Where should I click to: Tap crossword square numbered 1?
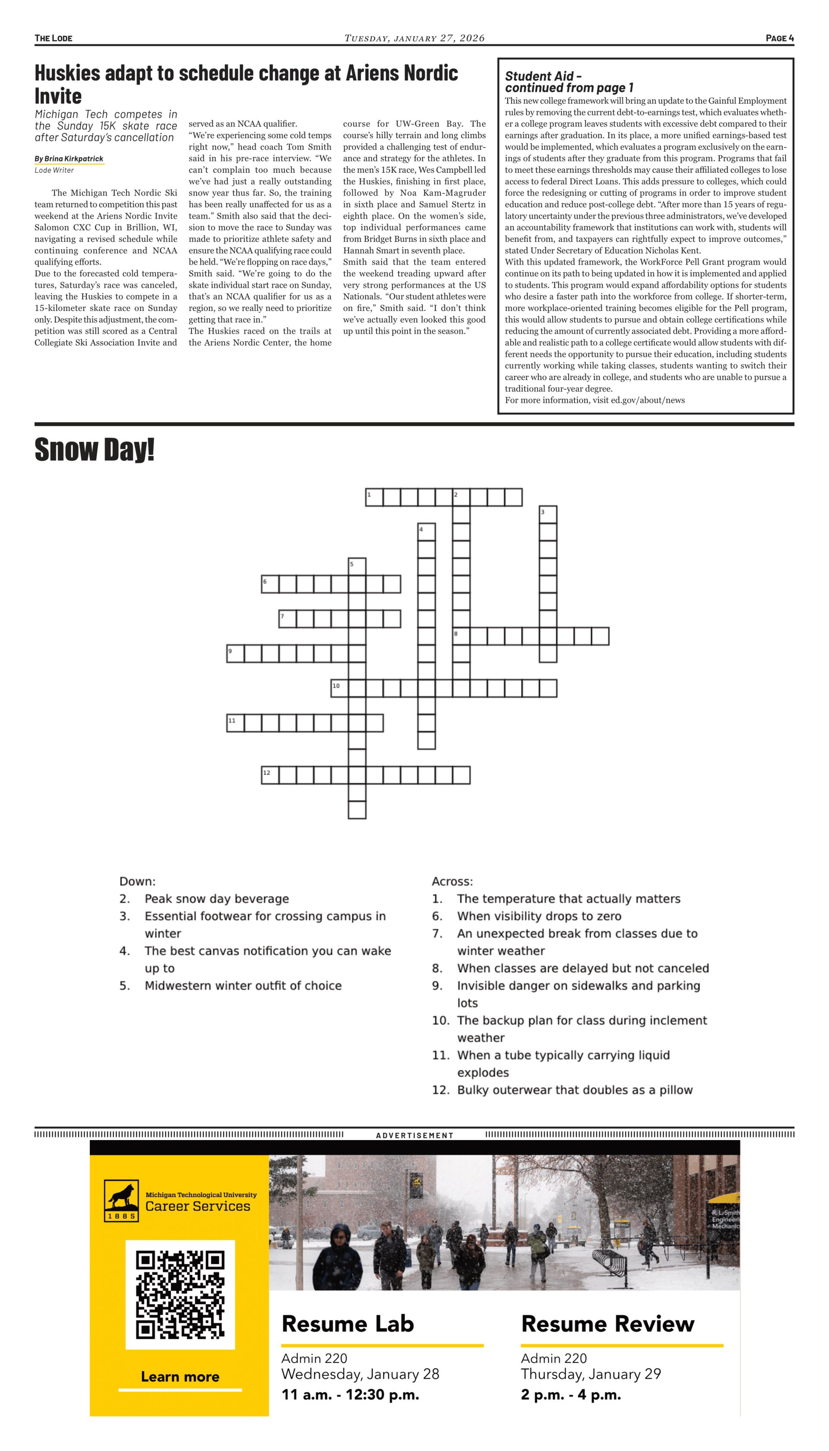click(x=374, y=497)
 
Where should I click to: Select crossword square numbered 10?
click(x=339, y=688)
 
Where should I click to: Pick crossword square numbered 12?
click(x=270, y=775)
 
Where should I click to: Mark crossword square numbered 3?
click(x=548, y=514)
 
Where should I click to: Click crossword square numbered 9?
click(x=235, y=654)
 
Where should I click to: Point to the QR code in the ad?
click(x=180, y=1294)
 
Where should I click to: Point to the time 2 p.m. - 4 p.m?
click(x=570, y=1394)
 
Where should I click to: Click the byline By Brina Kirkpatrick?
click(x=69, y=159)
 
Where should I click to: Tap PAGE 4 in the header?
click(x=779, y=38)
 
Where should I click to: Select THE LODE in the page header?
click(x=54, y=38)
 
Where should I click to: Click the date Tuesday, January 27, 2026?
click(x=414, y=38)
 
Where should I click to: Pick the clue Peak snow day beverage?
click(x=216, y=899)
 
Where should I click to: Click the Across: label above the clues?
click(x=452, y=881)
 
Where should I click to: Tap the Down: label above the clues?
click(x=137, y=881)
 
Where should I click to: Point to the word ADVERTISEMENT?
click(x=414, y=1135)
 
